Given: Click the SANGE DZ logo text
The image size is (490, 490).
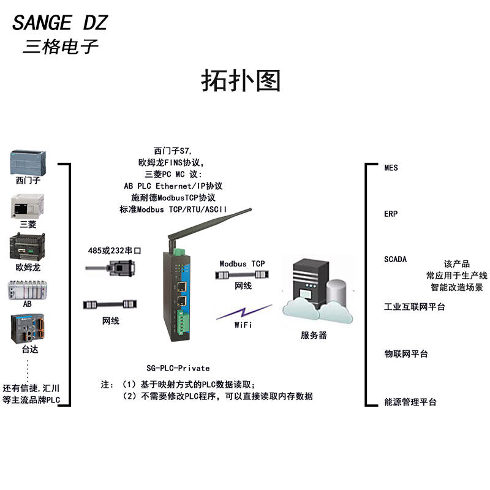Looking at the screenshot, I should point(60,23).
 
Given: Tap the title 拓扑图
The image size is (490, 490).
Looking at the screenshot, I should point(241,81).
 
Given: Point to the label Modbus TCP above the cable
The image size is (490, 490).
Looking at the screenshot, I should point(242,264).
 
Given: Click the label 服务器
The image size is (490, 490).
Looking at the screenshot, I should point(314,335).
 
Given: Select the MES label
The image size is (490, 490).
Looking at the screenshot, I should point(391,167).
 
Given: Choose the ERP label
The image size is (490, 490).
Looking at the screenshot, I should point(391,214).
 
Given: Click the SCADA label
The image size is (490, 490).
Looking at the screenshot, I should point(395,259).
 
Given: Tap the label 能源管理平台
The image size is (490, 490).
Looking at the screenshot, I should point(410,402).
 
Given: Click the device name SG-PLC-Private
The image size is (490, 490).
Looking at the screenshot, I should point(178,368).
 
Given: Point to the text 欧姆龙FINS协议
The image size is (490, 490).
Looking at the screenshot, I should point(170,162).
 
